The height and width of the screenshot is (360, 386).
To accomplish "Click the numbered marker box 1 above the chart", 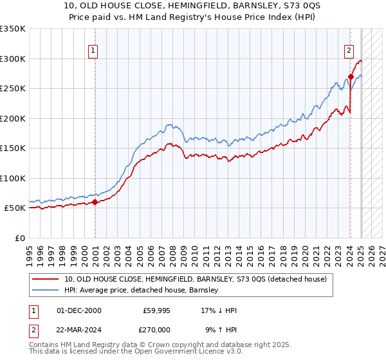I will (x=93, y=51).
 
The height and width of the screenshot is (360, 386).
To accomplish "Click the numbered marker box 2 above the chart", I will (x=349, y=51).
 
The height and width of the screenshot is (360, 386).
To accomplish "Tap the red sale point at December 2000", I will (x=95, y=202).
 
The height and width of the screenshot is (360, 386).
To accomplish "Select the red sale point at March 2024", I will (x=351, y=76).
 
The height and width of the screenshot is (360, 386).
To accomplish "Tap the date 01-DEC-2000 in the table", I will (x=79, y=310).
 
